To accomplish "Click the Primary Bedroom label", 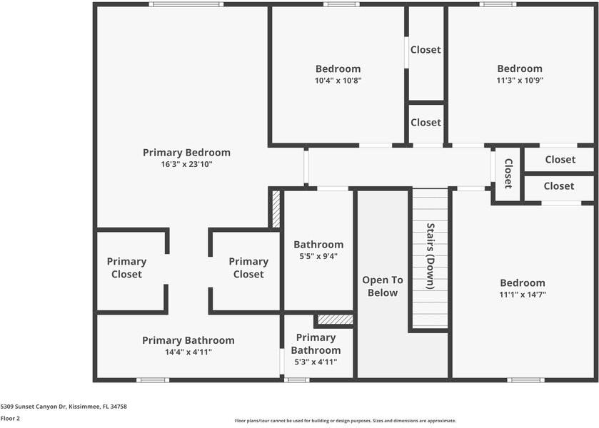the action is [186, 153].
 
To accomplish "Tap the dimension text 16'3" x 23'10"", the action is [186, 164].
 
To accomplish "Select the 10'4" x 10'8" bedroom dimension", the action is [338, 81].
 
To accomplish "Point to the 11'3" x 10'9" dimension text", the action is [520, 80].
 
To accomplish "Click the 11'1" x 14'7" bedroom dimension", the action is [523, 295].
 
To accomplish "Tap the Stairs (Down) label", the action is [431, 256].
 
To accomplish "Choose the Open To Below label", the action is [383, 286].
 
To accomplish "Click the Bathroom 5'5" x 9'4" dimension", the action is [318, 256].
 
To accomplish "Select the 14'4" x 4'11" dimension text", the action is [188, 352].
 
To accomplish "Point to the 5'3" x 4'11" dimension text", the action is [316, 362].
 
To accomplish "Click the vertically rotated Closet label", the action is [508, 173].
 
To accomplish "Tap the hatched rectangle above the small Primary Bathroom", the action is [336, 320].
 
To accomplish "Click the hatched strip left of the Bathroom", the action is [276, 208].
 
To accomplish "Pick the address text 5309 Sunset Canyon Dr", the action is [34, 407].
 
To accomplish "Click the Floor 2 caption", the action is [10, 419].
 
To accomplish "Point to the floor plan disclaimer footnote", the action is [346, 421].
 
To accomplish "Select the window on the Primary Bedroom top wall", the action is [186, 4].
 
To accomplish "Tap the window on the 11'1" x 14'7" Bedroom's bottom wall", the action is [525, 380].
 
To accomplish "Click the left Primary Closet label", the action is [126, 267].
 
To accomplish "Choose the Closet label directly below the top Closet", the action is [426, 123].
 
